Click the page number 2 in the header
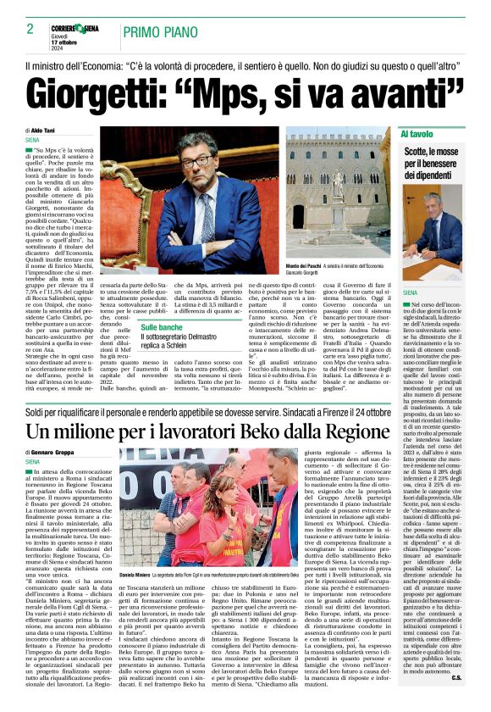point(30,30)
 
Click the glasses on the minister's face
point(196,162)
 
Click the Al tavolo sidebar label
point(417,135)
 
